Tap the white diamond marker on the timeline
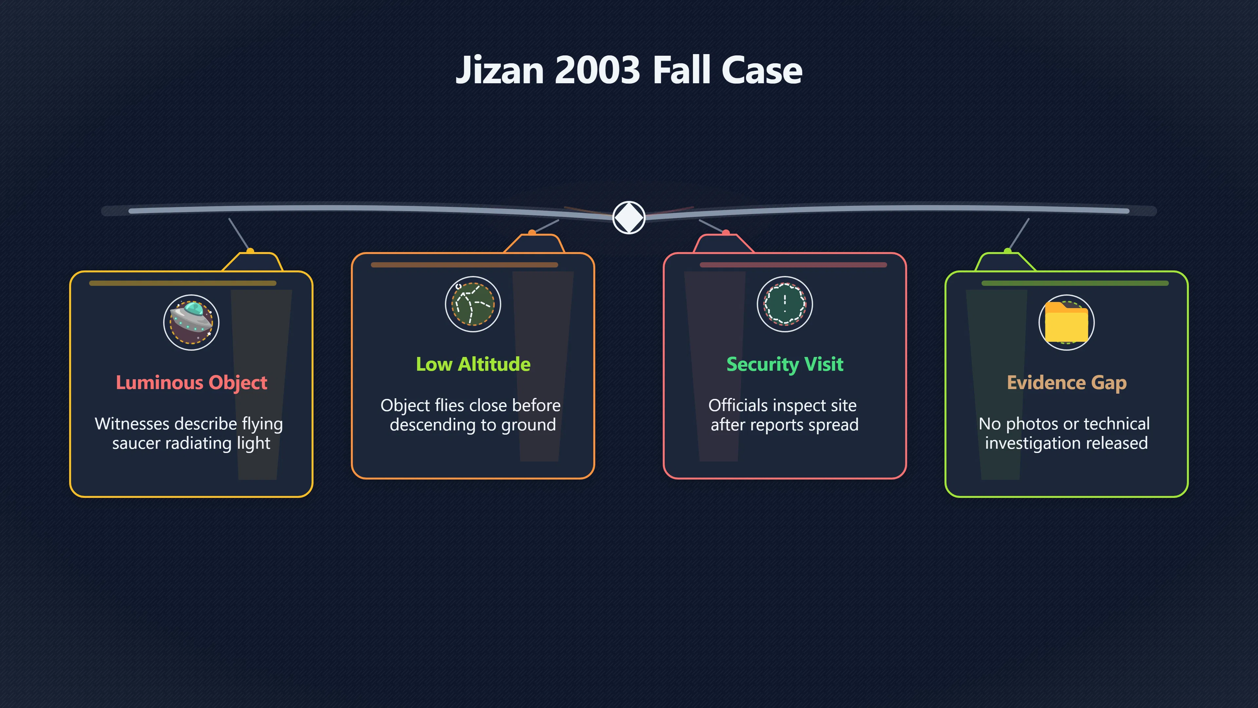click(x=629, y=217)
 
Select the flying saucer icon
click(x=191, y=322)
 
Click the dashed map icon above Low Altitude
click(x=473, y=304)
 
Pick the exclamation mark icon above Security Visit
click(x=785, y=304)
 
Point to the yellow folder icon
click(x=1067, y=322)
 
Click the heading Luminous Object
click(x=191, y=383)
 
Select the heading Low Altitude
click(x=473, y=364)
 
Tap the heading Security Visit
click(x=785, y=364)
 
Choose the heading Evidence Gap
click(x=1067, y=383)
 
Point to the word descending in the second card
click(x=430, y=424)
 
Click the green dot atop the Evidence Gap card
click(x=1007, y=251)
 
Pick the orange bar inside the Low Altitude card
click(x=465, y=265)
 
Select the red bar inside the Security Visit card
click(x=793, y=265)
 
